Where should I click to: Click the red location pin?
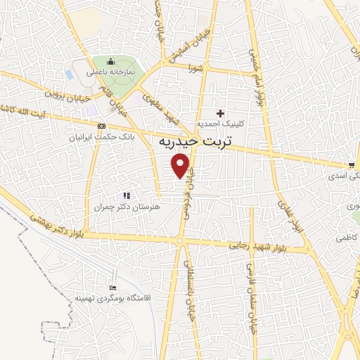182,166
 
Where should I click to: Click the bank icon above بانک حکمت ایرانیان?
103,125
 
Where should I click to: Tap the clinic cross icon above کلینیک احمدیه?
221,113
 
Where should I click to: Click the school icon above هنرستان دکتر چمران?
127,195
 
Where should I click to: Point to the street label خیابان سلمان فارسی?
248,288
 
